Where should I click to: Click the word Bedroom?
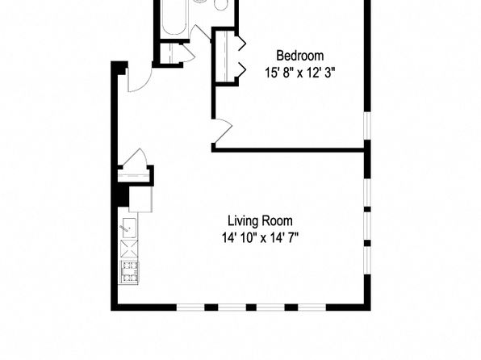point(299,56)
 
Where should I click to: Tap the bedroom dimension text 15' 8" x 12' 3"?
point(299,73)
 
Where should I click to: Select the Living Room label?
point(260,220)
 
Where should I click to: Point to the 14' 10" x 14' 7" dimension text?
point(260,237)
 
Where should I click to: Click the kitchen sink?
point(129,228)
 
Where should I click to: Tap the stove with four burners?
point(129,272)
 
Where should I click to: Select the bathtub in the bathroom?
point(174,18)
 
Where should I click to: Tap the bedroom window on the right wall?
point(367,126)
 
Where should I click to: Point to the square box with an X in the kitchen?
point(129,249)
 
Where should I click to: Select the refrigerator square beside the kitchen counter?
point(140,199)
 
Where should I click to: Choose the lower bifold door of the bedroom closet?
point(241,70)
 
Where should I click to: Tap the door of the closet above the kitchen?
point(134,157)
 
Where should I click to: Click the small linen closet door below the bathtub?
point(188,52)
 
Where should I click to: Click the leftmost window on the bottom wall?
point(190,307)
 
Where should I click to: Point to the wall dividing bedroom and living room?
point(288,150)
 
